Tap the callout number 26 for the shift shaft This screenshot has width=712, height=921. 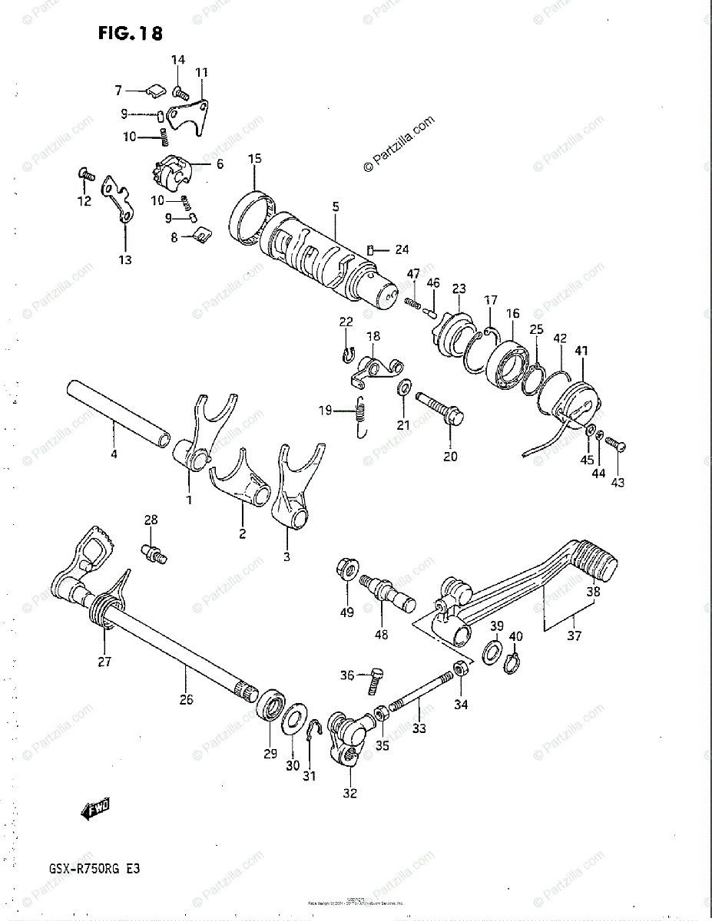187,699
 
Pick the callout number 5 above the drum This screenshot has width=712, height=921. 335,207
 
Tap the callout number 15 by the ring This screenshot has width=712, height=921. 255,159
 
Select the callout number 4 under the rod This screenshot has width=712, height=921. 114,454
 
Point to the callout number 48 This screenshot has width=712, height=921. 381,634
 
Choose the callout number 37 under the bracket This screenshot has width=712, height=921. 573,635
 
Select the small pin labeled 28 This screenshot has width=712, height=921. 154,551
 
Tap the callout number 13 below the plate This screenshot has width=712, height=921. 124,259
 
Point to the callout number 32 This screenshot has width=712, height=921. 349,794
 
